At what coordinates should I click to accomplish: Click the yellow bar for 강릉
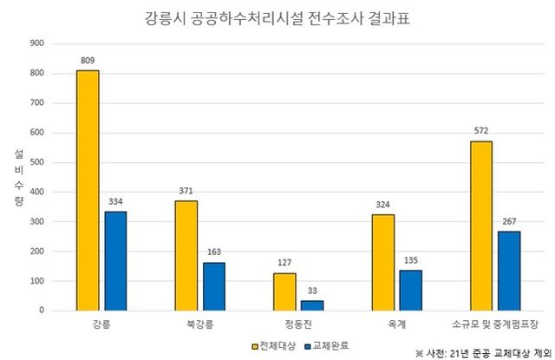pyautogui.click(x=88, y=190)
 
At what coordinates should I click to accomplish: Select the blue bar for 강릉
pyautogui.click(x=115, y=260)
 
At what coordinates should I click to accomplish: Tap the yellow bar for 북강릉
pyautogui.click(x=186, y=255)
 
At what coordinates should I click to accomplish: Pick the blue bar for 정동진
pyautogui.click(x=312, y=304)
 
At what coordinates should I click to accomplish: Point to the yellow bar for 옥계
pyautogui.click(x=382, y=262)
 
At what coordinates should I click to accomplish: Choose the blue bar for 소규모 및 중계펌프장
pyautogui.click(x=509, y=271)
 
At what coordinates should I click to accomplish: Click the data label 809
pyautogui.click(x=88, y=61)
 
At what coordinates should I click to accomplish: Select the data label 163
pyautogui.click(x=214, y=252)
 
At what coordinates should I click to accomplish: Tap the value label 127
pyautogui.click(x=284, y=263)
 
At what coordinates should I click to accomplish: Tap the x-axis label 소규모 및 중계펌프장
pyautogui.click(x=494, y=324)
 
